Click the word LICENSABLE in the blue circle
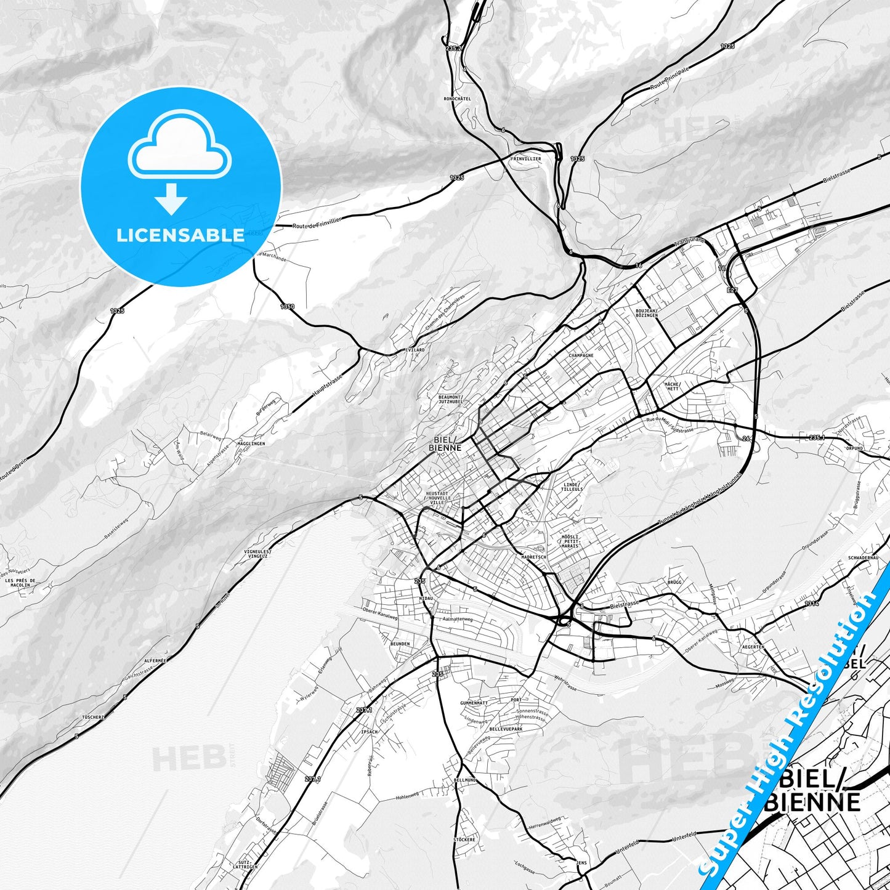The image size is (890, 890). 180,235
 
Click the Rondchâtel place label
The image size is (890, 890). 457,99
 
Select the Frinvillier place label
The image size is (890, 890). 525,159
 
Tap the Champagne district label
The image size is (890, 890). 581,355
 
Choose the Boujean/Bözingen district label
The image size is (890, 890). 647,313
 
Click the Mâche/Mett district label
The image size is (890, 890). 671,386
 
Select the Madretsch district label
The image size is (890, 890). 533,556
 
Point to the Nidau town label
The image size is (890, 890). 426,598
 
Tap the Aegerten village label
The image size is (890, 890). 753,647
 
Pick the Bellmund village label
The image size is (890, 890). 464,780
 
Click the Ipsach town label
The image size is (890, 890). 370,732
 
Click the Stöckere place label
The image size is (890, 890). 464,839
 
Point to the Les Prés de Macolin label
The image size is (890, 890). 20,583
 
